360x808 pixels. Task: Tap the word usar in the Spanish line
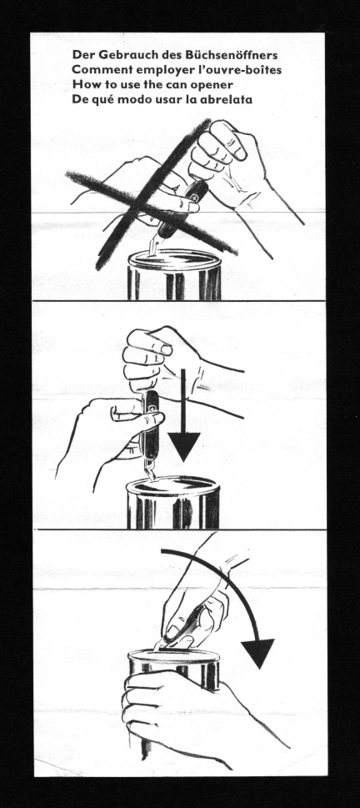[177, 100]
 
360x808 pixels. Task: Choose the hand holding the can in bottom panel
[175, 709]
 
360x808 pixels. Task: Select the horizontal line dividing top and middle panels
[179, 302]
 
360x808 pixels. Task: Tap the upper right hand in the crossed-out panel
[233, 154]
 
